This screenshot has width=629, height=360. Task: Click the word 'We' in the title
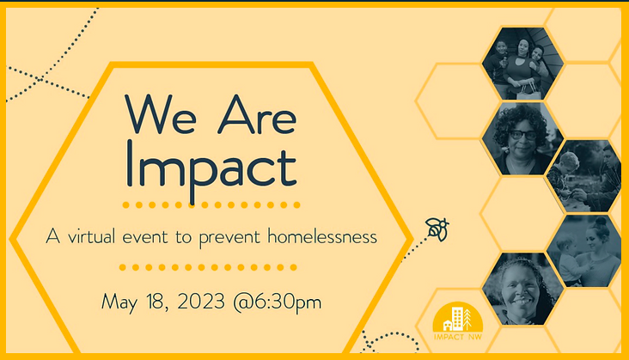click(x=161, y=114)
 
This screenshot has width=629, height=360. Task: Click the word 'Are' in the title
click(x=257, y=114)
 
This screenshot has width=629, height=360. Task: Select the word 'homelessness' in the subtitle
click(x=322, y=236)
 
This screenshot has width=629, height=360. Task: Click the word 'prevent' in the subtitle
click(x=229, y=238)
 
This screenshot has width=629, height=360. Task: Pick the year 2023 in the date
click(x=201, y=302)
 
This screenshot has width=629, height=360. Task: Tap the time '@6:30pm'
click(x=278, y=302)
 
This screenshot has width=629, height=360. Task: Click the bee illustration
click(x=437, y=229)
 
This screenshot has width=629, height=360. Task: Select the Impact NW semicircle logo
click(x=458, y=317)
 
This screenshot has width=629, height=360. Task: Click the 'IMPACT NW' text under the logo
click(x=458, y=337)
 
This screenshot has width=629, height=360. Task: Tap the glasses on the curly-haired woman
click(x=522, y=135)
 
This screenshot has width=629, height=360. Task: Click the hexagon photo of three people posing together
click(x=522, y=64)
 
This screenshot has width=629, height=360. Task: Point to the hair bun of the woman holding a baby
click(x=601, y=222)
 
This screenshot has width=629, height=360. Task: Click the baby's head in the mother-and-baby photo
click(x=565, y=244)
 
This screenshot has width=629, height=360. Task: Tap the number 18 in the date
click(x=157, y=302)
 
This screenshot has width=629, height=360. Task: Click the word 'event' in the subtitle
click(x=145, y=236)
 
